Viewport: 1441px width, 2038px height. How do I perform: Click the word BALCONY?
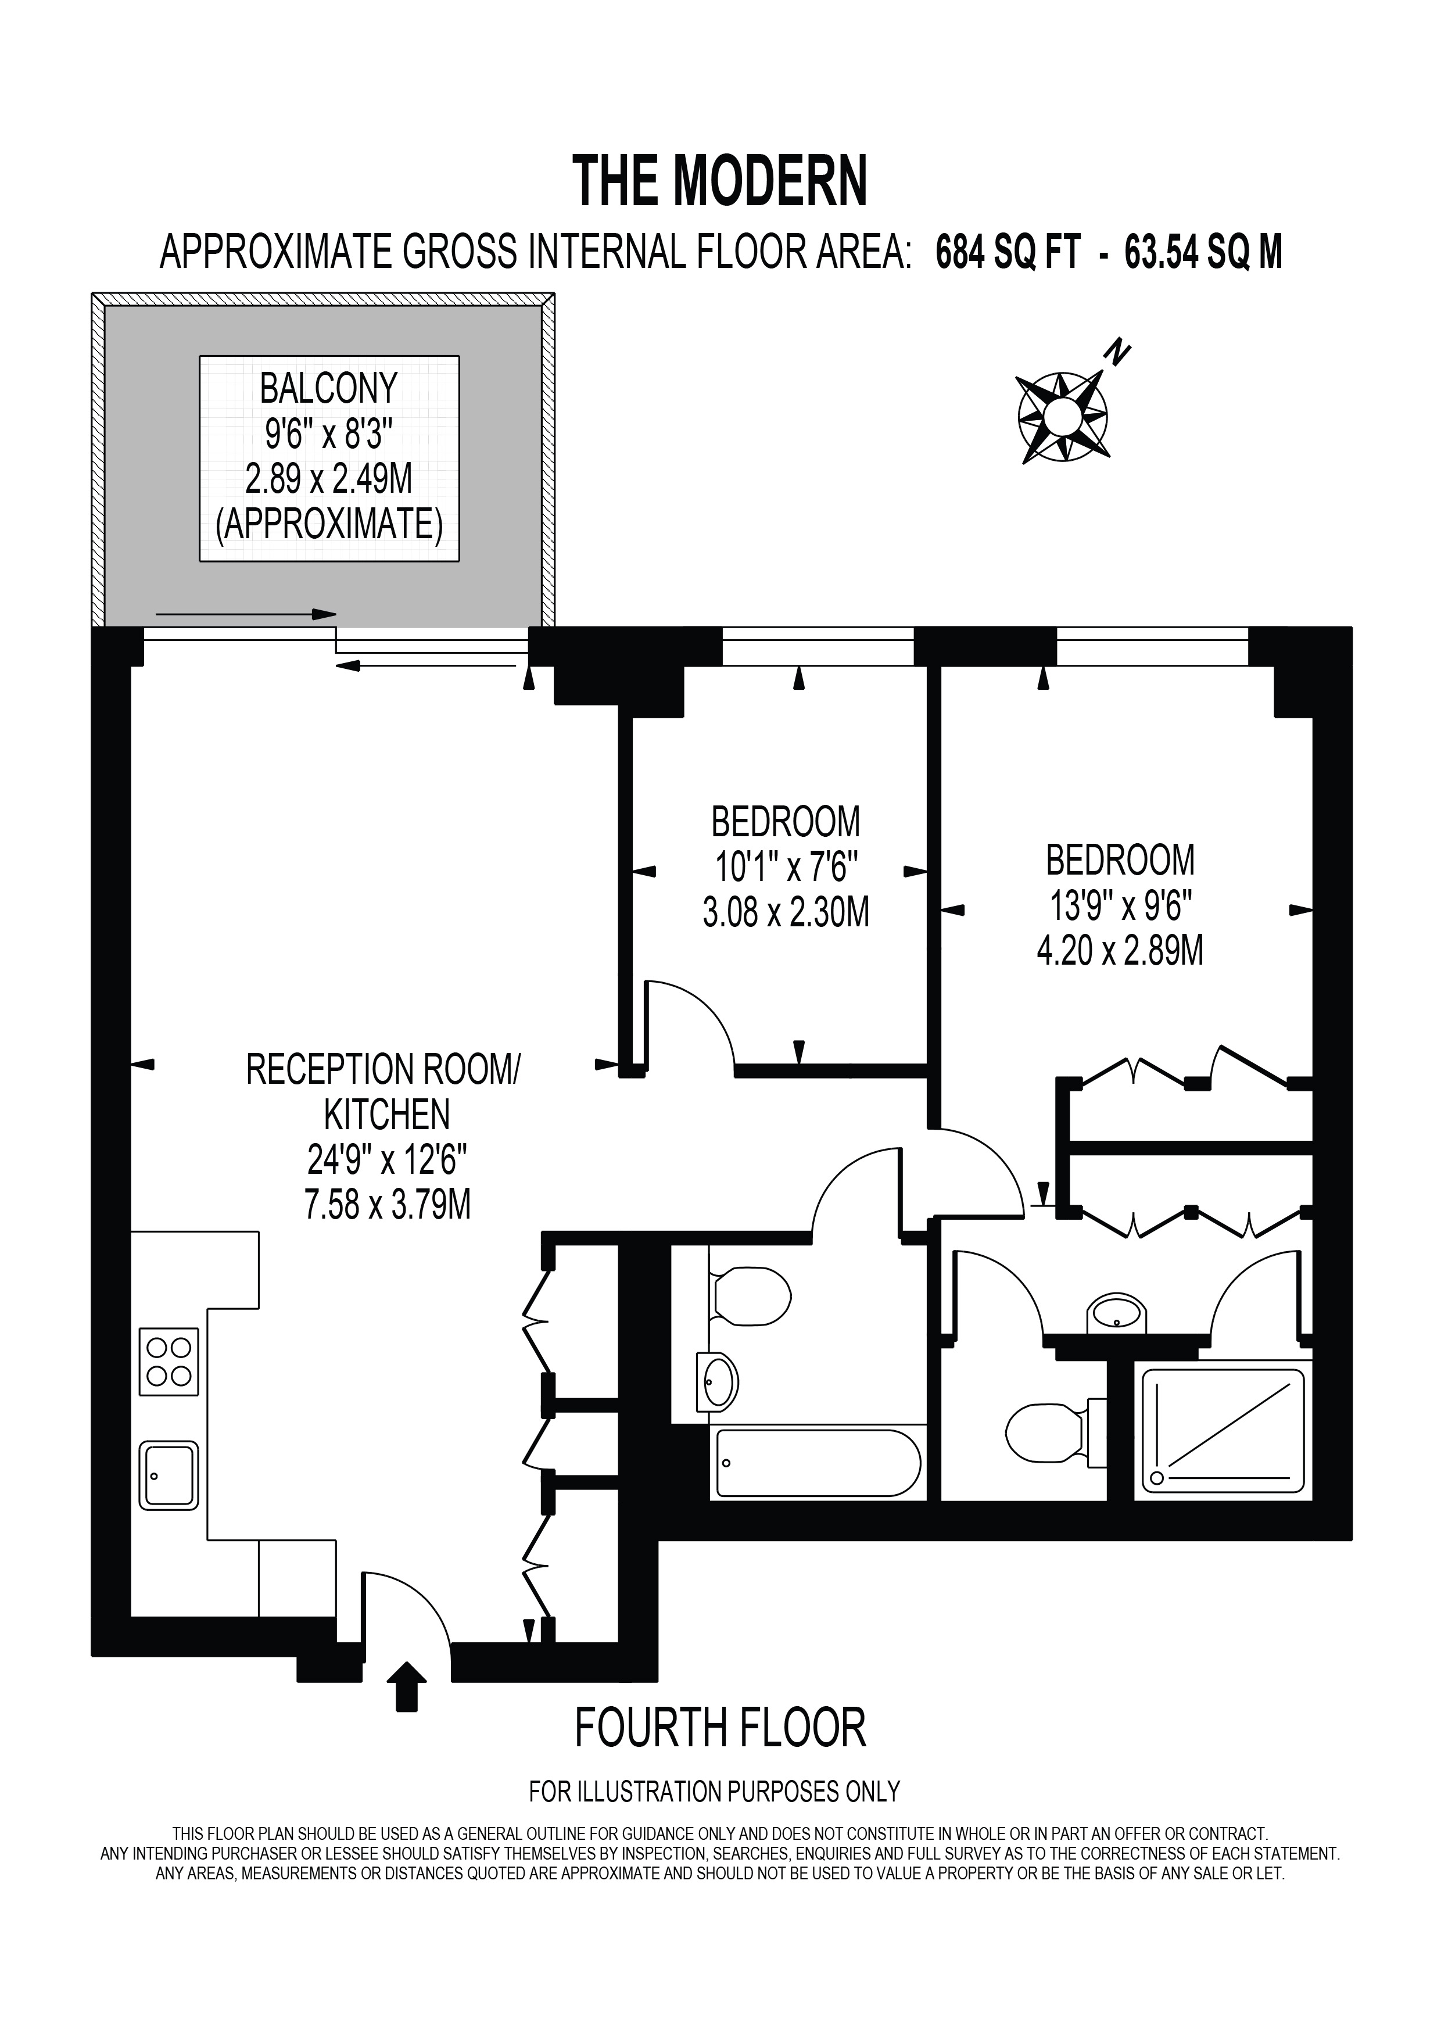point(329,389)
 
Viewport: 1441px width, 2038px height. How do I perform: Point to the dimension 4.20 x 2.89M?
point(1120,951)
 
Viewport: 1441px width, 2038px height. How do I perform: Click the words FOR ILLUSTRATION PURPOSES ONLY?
point(714,1816)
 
